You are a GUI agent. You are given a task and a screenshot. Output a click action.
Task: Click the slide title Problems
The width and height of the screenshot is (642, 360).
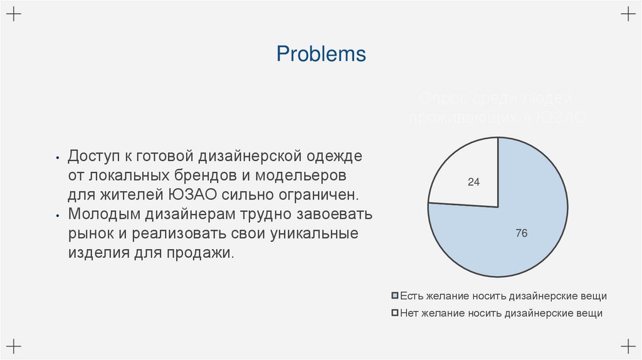(321, 55)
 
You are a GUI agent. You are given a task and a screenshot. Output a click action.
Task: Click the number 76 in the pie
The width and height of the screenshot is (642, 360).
(521, 233)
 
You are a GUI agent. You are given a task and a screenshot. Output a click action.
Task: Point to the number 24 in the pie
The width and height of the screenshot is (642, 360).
(473, 183)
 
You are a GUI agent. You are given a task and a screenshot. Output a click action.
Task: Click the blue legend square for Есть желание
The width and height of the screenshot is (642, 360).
(394, 295)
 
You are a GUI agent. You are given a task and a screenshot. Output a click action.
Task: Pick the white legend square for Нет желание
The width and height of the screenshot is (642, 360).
(394, 313)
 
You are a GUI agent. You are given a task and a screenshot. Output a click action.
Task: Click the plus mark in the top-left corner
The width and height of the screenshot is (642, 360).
(14, 14)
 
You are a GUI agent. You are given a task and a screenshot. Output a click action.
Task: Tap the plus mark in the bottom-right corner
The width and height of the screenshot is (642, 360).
(627, 345)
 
